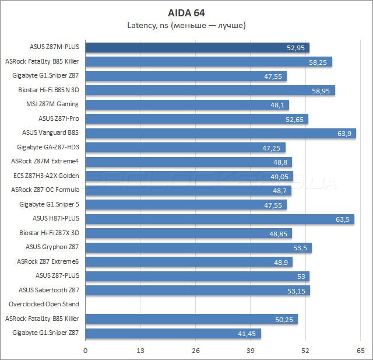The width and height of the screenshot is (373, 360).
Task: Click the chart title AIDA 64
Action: click(186, 12)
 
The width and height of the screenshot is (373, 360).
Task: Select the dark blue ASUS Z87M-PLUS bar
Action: click(197, 47)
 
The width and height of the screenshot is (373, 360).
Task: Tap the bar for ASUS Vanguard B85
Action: click(220, 133)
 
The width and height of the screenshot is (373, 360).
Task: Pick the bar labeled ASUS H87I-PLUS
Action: click(219, 219)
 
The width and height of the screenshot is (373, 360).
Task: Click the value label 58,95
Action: click(321, 90)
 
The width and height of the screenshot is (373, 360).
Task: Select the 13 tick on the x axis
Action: click(140, 351)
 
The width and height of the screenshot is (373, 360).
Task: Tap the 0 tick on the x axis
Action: click(86, 351)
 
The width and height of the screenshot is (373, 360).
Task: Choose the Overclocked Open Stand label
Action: click(44, 304)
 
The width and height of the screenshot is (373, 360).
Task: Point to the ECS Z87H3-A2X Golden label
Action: click(46, 176)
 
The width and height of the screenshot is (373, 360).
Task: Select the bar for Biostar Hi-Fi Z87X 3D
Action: click(188, 233)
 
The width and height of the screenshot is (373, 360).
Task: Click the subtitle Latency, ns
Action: click(186, 25)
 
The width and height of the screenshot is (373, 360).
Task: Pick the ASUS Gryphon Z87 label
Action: click(53, 247)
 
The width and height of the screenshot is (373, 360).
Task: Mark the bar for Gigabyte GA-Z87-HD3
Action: click(185, 148)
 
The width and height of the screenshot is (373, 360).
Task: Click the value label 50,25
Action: click(284, 319)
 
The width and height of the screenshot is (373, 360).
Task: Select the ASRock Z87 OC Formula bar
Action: click(188, 190)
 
